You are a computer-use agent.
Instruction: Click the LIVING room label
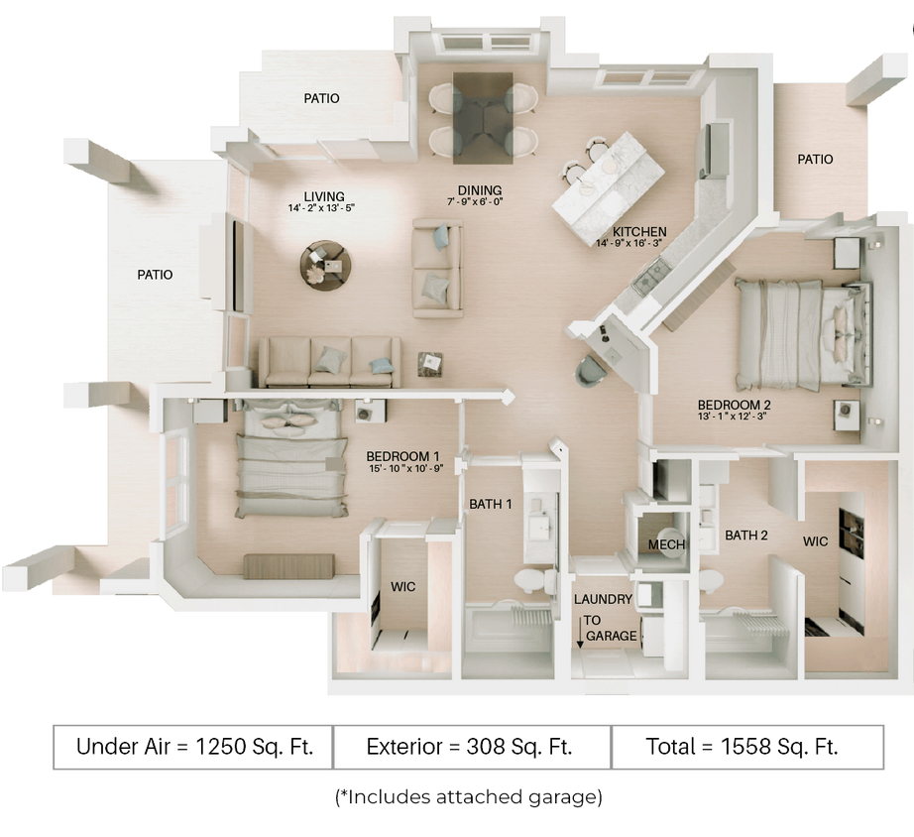(324, 195)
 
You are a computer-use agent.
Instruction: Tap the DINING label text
(480, 190)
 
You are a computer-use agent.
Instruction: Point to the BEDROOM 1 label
(403, 457)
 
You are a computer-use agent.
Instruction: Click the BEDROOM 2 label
(735, 405)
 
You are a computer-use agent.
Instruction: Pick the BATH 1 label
(491, 504)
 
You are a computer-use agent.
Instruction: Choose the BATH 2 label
(746, 536)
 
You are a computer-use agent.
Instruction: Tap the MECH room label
(661, 545)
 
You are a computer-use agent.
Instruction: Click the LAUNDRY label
(603, 600)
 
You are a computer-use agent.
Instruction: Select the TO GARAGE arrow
(581, 631)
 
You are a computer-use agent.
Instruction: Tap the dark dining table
(483, 117)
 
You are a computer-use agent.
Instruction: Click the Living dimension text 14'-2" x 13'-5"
(321, 208)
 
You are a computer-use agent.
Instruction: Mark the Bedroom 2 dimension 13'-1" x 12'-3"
(735, 417)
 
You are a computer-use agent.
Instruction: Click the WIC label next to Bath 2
(816, 542)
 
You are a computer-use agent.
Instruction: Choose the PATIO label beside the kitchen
(815, 159)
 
